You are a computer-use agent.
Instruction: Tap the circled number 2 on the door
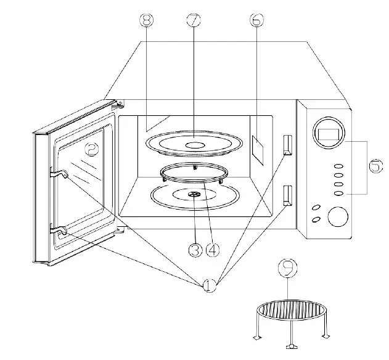tap(90, 149)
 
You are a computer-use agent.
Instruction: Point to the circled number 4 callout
tap(211, 250)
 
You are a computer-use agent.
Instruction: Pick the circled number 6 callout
tap(255, 20)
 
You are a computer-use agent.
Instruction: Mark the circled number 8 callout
tap(146, 20)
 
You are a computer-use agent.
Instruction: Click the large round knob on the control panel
tap(338, 217)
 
